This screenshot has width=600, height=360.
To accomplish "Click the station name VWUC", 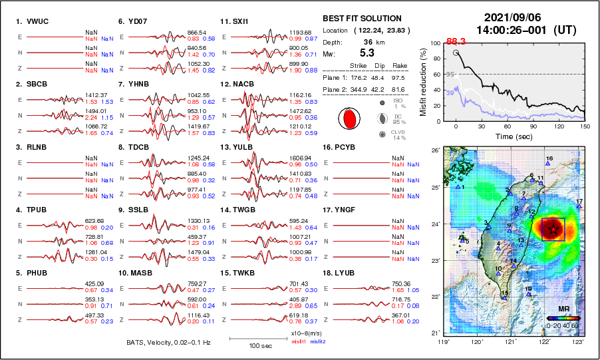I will pyautogui.click(x=37, y=21).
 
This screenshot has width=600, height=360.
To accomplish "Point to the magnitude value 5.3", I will pyautogui.click(x=367, y=53).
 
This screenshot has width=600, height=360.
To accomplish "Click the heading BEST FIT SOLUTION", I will pyautogui.click(x=362, y=19).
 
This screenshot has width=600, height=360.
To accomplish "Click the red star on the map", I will pyautogui.click(x=553, y=229).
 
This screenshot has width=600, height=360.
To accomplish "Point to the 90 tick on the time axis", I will pyautogui.click(x=533, y=126).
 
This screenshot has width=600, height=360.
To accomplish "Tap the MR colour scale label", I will pyautogui.click(x=563, y=309).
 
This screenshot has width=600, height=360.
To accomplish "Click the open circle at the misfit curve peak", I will pyautogui.click(x=456, y=53).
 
